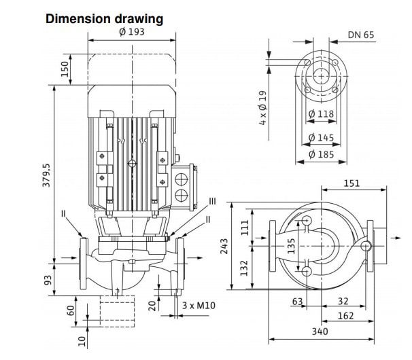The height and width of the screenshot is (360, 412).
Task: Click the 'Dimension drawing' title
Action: click(104, 18)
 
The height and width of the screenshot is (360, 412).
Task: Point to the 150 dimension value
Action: click(66, 69)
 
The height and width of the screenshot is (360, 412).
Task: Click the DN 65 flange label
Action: click(362, 35)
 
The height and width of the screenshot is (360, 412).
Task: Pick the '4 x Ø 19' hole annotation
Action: click(263, 108)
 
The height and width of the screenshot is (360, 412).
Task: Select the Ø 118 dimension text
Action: click(321, 114)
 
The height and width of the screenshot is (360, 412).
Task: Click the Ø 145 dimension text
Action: click(321, 138)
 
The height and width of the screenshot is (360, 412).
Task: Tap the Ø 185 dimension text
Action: click(321, 154)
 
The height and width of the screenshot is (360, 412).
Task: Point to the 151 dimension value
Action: click(351, 183)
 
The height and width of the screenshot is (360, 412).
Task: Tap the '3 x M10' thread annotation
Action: click(199, 306)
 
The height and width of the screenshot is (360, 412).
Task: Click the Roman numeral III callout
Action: click(213, 201)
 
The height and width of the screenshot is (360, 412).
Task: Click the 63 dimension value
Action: click(297, 301)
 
